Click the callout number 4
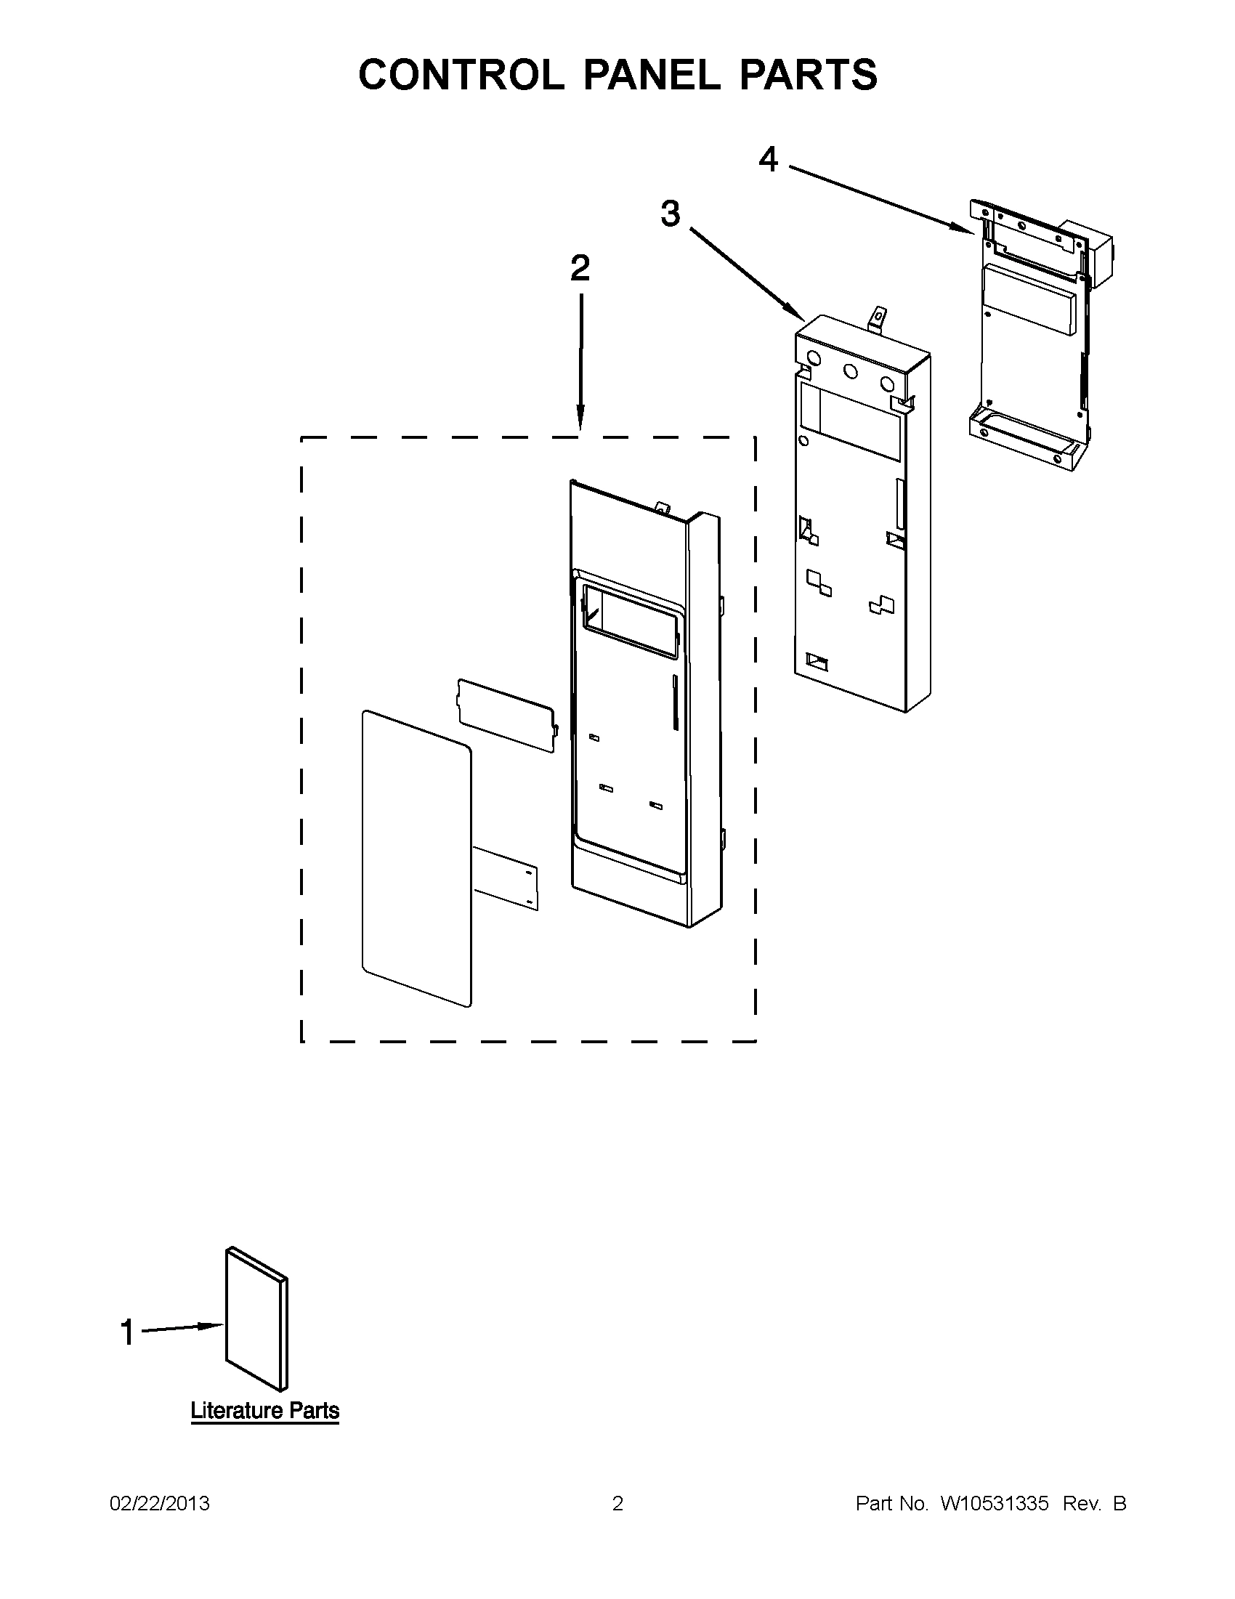[768, 159]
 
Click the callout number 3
[670, 214]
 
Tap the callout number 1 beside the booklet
[127, 1332]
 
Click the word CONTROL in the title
[461, 75]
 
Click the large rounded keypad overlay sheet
[416, 857]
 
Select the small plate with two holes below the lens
[506, 877]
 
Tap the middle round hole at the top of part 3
[850, 371]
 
